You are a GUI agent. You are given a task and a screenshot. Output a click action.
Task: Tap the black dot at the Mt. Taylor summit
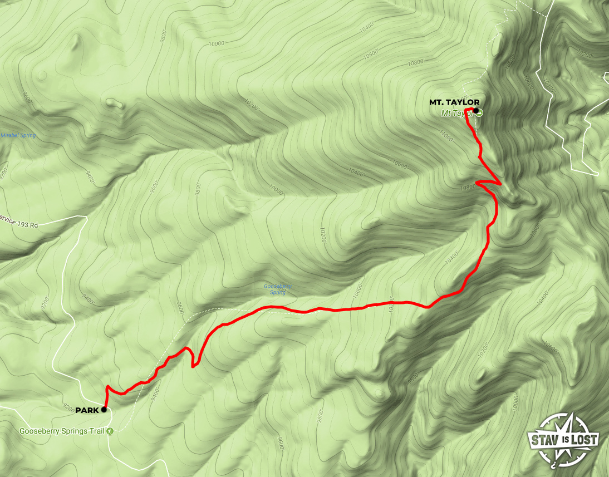[476, 110]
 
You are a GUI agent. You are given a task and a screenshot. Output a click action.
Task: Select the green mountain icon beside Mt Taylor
[479, 112]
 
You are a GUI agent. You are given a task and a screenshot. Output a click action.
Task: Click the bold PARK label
[87, 410]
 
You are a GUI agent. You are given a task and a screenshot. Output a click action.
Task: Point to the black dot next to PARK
[104, 410]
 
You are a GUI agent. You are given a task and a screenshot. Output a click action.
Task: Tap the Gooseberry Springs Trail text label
[62, 431]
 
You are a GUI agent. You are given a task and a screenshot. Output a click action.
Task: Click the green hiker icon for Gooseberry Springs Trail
[110, 431]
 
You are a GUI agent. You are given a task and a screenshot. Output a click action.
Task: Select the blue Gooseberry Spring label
[277, 289]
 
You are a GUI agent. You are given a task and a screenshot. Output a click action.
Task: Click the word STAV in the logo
[544, 440]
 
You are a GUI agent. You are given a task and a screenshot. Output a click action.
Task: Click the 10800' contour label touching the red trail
[468, 188]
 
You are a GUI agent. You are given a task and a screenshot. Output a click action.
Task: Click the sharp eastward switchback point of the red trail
[502, 183]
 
